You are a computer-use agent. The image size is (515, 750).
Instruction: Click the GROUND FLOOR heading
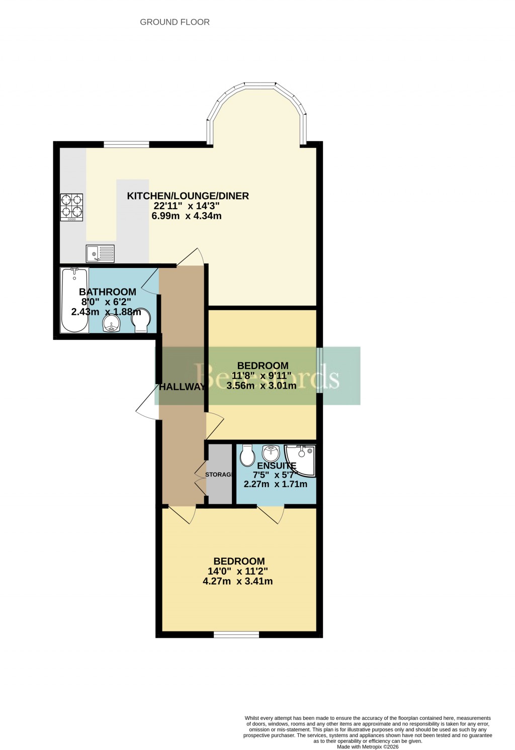175,22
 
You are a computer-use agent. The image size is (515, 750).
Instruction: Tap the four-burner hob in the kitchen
72,207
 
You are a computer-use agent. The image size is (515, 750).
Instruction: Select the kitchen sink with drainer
100,253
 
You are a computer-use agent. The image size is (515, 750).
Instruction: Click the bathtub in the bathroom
74,301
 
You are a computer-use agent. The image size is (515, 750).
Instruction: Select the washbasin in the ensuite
271,453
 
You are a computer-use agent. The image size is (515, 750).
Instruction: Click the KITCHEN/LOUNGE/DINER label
188,196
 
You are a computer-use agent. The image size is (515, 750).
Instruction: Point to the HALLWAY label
182,387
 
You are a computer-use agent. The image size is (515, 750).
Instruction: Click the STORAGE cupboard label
218,475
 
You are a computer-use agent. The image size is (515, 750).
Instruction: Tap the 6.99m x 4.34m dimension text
187,216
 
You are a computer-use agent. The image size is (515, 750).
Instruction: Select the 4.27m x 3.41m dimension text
238,582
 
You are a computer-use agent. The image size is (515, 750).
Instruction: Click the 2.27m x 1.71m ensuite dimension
276,484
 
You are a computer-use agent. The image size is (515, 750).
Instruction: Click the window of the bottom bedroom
236,635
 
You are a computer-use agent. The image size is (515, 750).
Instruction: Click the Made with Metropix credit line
368,747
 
